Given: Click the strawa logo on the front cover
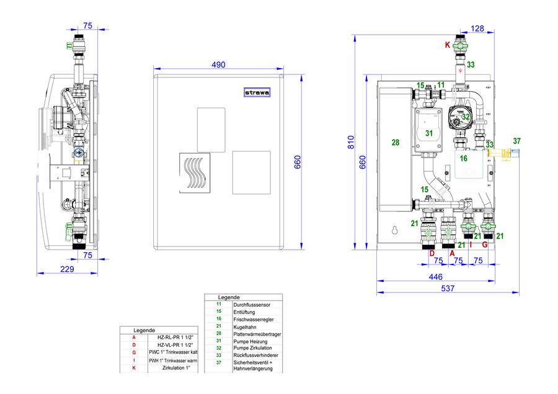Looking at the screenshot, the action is coord(257,92).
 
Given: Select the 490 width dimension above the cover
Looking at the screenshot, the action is coord(218,64).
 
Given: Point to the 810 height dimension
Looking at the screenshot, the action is coord(352,142).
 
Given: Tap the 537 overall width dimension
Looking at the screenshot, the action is coord(448,289).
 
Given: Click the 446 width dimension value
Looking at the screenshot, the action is coord(436,277).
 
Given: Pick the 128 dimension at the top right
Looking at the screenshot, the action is coord(477,28).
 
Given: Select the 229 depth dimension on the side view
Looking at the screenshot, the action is coord(67,269).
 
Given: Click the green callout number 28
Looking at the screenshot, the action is coord(396,142).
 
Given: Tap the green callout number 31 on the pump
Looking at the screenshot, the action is coord(429,133).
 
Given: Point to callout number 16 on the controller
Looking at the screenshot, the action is coord(463,158).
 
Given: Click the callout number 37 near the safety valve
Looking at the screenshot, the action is coord(516,141).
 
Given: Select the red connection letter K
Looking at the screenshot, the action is coord(447,45).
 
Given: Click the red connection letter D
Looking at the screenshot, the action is coord(432,253).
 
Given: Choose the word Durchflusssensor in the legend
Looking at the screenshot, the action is coord(252,305).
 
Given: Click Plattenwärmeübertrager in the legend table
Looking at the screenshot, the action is coord(257,335).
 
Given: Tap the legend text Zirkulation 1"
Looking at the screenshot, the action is coord(176,368).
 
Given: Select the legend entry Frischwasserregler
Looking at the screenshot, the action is coord(254,319).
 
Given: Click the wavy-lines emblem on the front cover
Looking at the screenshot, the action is coord(195,173).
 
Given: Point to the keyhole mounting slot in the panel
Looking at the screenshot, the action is coord(395,230).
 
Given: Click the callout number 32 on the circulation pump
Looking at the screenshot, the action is coord(466,117).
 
